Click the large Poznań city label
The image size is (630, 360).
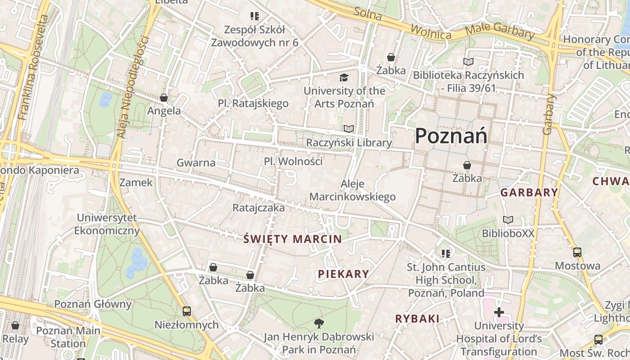click(451, 135)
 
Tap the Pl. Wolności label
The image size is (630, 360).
click(293, 161)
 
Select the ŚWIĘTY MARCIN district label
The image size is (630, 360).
click(292, 239)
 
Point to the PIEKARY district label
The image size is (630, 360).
click(343, 274)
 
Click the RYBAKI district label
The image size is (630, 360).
click(417, 319)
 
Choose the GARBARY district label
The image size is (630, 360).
click(529, 193)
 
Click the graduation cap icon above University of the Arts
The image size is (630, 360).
click(344, 77)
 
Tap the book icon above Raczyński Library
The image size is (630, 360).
click(349, 129)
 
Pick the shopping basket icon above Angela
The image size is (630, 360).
click(164, 98)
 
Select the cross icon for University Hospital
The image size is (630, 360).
click(499, 312)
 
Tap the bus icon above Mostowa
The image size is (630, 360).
click(577, 252)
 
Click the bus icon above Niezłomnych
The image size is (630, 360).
click(186, 311)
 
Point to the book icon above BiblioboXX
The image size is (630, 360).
click(508, 220)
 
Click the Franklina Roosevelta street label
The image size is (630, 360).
click(31, 67)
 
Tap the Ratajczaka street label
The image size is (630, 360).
click(258, 208)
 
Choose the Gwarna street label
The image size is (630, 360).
click(196, 162)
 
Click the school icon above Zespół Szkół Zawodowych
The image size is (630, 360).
click(255, 17)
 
